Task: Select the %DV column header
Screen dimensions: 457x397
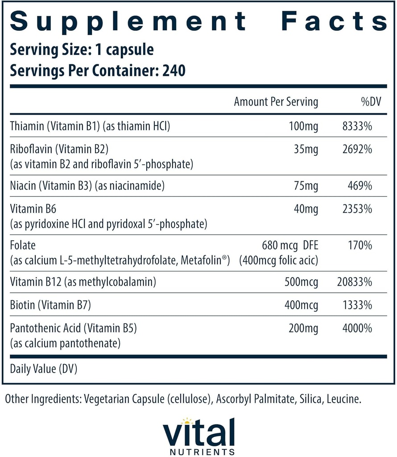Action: tap(366, 102)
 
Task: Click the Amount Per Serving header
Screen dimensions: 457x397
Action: tap(276, 102)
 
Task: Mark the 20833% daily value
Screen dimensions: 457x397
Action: tap(354, 282)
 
